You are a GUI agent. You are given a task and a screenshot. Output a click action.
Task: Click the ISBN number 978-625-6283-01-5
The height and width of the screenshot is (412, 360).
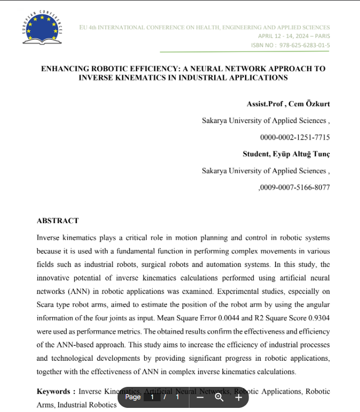coord(305,45)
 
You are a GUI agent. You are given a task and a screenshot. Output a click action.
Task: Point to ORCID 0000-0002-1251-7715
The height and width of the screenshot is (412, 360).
coord(295,138)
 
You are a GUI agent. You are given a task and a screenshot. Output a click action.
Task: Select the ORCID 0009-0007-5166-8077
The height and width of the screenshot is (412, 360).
coord(295,187)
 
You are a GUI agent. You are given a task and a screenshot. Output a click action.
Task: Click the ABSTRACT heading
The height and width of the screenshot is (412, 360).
coord(58,221)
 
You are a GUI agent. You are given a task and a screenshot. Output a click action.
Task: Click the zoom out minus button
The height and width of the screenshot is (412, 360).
coord(200,397)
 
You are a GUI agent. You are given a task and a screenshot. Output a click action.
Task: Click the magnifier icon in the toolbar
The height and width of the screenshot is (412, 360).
coord(219,397)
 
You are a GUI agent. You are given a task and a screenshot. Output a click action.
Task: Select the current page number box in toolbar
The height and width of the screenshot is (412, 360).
coord(152,397)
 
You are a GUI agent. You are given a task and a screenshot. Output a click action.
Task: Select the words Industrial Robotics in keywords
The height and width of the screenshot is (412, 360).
coord(87,405)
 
